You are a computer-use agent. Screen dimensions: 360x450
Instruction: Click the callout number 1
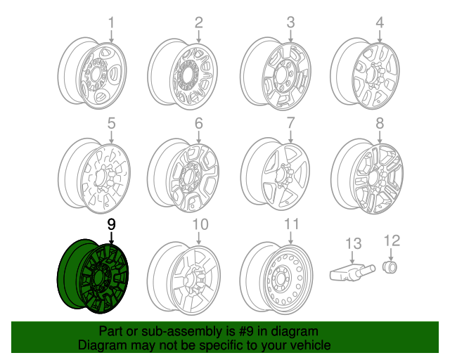[x=110, y=24]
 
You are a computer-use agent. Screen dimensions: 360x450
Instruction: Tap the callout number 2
[x=199, y=23]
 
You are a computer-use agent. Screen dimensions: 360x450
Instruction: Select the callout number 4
[x=380, y=23]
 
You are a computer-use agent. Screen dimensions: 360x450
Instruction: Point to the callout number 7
[x=290, y=124]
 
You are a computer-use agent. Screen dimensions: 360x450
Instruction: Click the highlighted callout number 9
[x=111, y=224]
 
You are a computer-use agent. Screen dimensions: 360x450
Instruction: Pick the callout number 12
[x=392, y=241]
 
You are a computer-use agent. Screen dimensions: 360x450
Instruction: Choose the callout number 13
[x=353, y=243]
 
